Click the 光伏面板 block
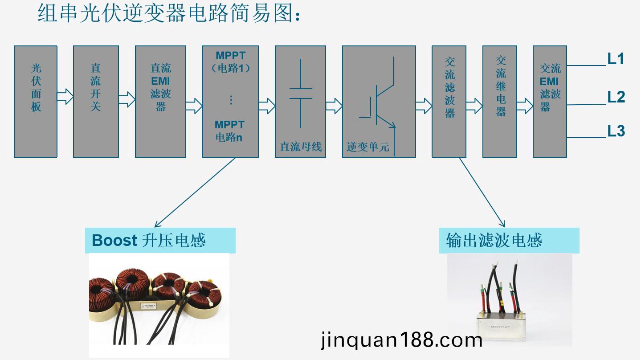pos(36,101)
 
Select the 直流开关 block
pos(96,101)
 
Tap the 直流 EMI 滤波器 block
pos(160,101)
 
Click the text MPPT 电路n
pos(229,131)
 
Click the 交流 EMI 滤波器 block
pos(550,101)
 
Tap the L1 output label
pos(616,59)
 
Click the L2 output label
pos(616,97)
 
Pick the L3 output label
pos(616,131)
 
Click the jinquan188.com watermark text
pos(401,340)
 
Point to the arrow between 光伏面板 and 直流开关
pos(65,96)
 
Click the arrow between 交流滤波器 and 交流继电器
pos(474,106)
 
